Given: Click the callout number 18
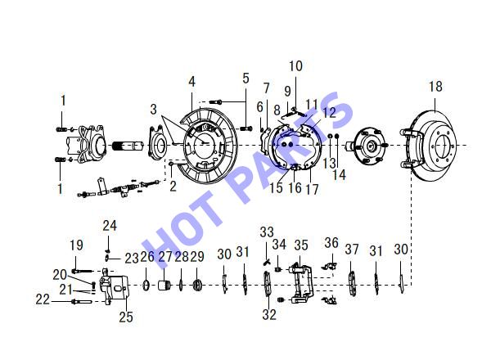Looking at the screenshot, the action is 435,87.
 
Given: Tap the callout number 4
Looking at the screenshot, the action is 191,82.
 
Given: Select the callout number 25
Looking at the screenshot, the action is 126,317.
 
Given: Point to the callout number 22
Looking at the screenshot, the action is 43,299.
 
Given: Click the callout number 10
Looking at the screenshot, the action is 295,66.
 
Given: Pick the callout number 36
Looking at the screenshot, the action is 331,243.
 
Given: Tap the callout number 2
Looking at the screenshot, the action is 173,186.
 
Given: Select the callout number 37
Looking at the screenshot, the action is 352,250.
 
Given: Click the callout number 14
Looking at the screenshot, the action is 339,174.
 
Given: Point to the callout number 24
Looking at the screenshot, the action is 110,225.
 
